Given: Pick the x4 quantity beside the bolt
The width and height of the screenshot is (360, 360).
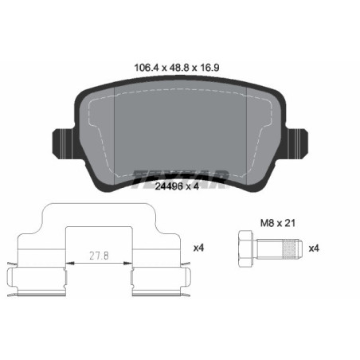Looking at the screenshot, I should [x=315, y=248].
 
